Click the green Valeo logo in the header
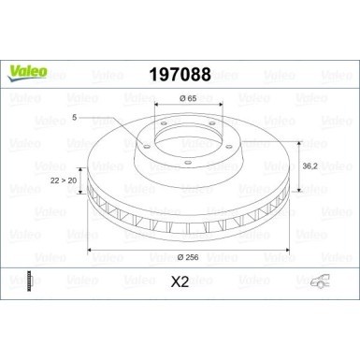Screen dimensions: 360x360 pyautogui.click(x=23, y=66)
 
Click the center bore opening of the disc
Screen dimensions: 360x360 pyautogui.click(x=180, y=140)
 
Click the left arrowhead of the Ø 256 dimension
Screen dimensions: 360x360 pyautogui.click(x=91, y=252)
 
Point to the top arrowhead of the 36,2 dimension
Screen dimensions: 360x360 pyautogui.click(x=298, y=143)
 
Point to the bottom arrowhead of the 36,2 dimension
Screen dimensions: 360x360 pyautogui.click(x=298, y=191)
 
